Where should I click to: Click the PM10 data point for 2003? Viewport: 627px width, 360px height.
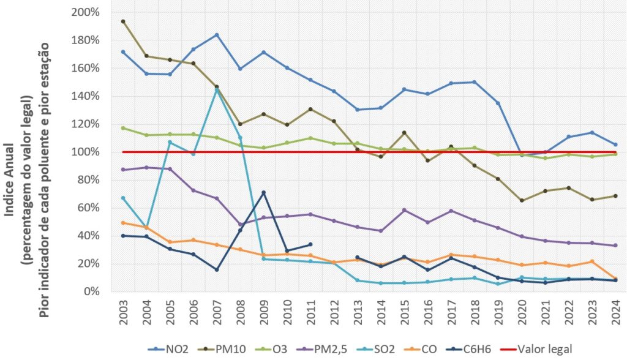[123, 21]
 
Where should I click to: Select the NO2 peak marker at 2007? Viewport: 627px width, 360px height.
[217, 35]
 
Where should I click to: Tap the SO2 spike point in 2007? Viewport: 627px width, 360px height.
[217, 89]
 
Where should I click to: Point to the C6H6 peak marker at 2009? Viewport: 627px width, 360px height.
[263, 193]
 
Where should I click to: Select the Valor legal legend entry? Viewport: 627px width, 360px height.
[539, 349]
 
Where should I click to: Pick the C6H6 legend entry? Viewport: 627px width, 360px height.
[476, 349]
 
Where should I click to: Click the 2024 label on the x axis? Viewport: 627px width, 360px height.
[615, 313]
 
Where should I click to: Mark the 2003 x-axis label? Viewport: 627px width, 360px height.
[123, 313]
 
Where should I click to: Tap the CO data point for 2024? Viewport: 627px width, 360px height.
[615, 279]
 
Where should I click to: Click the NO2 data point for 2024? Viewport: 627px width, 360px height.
[615, 144]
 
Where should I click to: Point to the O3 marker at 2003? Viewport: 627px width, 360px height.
[123, 128]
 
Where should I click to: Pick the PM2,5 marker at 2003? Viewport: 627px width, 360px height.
[123, 170]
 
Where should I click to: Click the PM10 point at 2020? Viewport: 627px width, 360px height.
[521, 200]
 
